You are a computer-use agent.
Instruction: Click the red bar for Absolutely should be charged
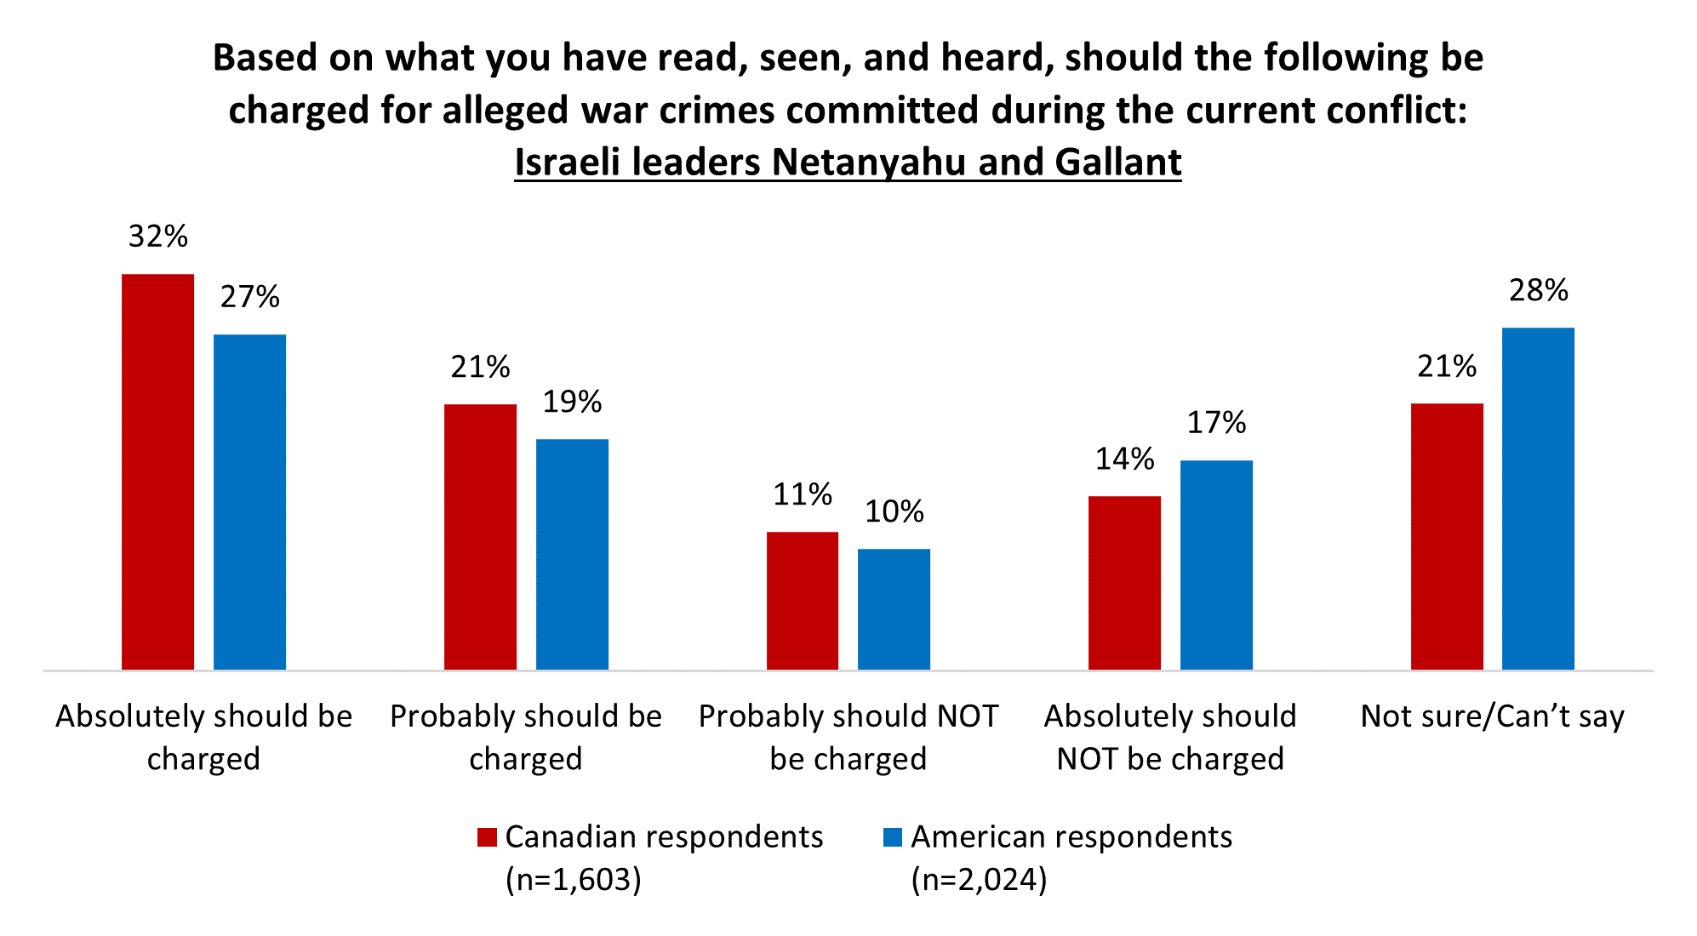pos(157,471)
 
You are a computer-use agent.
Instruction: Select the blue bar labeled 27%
pos(249,502)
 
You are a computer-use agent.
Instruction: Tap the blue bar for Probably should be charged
pos(572,554)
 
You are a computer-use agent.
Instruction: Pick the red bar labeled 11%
pos(802,601)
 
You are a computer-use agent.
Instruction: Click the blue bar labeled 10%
pos(894,609)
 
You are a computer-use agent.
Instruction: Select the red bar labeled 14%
pos(1124,583)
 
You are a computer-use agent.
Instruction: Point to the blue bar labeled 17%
pos(1216,565)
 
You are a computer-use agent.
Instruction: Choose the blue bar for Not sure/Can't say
pos(1538,499)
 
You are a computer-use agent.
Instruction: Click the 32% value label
pos(157,237)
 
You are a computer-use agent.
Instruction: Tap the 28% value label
pos(1538,291)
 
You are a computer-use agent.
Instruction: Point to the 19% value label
pos(572,402)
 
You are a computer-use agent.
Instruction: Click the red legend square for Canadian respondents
pos(487,837)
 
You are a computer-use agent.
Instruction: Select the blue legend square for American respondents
pos(893,837)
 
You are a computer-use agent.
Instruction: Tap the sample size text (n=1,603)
pos(573,879)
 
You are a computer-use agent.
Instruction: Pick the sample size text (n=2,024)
pos(979,879)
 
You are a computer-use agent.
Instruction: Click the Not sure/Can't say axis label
pos(1492,716)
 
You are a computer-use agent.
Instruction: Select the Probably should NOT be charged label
pos(848,737)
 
